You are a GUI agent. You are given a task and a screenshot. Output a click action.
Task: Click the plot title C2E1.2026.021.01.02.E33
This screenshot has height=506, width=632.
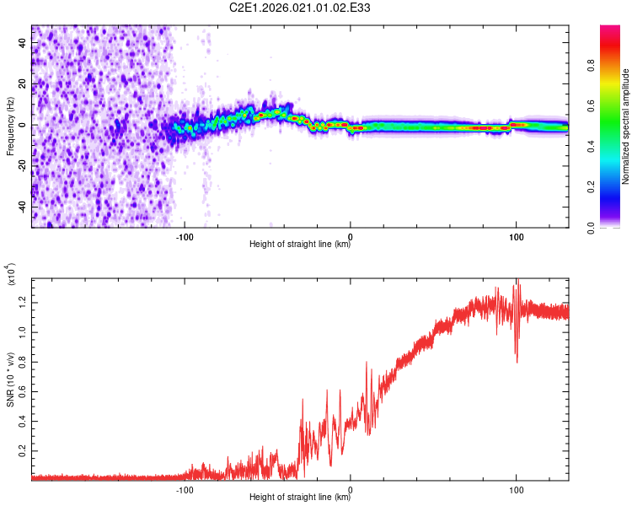pyautogui.click(x=300, y=9)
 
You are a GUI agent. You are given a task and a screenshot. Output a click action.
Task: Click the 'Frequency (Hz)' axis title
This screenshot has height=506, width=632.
pyautogui.click(x=10, y=126)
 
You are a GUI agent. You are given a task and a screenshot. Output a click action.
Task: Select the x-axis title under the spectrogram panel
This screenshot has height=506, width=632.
pyautogui.click(x=300, y=245)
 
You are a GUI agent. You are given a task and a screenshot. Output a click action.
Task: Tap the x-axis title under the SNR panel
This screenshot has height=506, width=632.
pyautogui.click(x=300, y=498)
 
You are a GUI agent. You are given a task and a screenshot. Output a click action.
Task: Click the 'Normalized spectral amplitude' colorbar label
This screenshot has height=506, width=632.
pyautogui.click(x=626, y=126)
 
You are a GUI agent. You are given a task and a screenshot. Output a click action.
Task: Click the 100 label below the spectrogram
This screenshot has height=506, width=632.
pyautogui.click(x=516, y=235)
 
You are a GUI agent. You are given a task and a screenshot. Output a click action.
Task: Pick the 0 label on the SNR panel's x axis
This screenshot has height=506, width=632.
pyautogui.click(x=351, y=488)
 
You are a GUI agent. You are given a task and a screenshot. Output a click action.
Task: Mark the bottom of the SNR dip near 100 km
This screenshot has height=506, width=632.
pyautogui.click(x=517, y=362)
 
